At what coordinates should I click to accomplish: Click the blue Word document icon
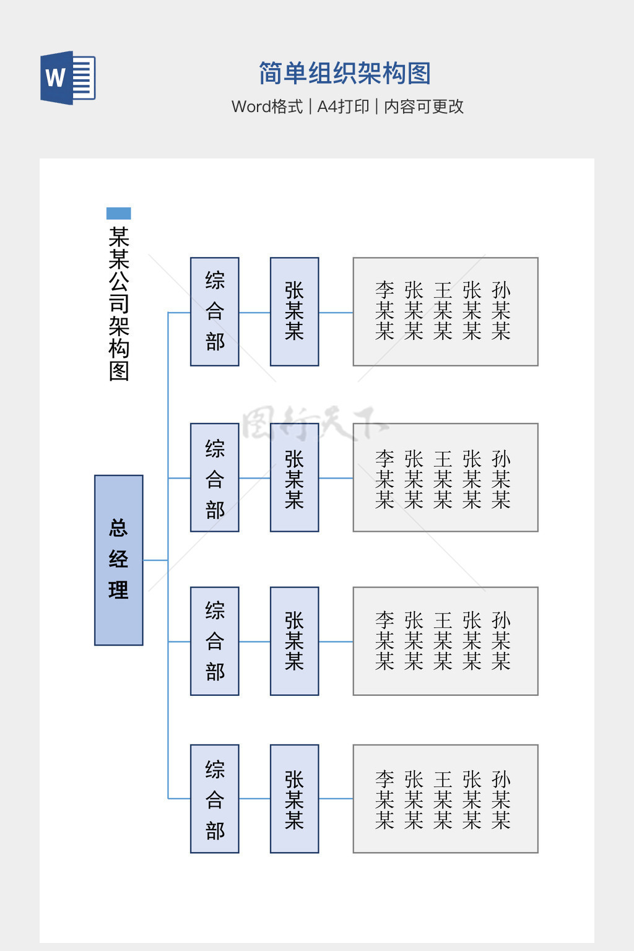(67, 78)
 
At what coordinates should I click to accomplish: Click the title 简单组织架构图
(344, 74)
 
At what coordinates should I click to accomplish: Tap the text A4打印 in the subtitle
(343, 106)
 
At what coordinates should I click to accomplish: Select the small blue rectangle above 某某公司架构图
(118, 214)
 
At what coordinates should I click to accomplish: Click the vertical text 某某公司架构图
(119, 303)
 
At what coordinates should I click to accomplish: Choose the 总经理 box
(119, 560)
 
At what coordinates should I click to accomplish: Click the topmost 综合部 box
(215, 311)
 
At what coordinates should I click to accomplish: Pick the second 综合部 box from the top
(215, 477)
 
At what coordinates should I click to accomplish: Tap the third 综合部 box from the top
(215, 641)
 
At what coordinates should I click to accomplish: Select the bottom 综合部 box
(215, 799)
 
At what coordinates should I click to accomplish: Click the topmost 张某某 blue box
(295, 311)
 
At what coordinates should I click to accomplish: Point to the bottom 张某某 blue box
(295, 799)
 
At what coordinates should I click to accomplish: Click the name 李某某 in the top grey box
(384, 311)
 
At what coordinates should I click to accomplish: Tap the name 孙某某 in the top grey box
(501, 311)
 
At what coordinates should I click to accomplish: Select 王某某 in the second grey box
(443, 479)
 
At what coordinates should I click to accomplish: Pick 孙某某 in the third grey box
(501, 641)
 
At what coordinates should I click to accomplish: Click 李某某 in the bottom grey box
(384, 800)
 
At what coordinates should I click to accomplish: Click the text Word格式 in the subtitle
(267, 106)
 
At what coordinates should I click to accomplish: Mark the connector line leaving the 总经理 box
(155, 560)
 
